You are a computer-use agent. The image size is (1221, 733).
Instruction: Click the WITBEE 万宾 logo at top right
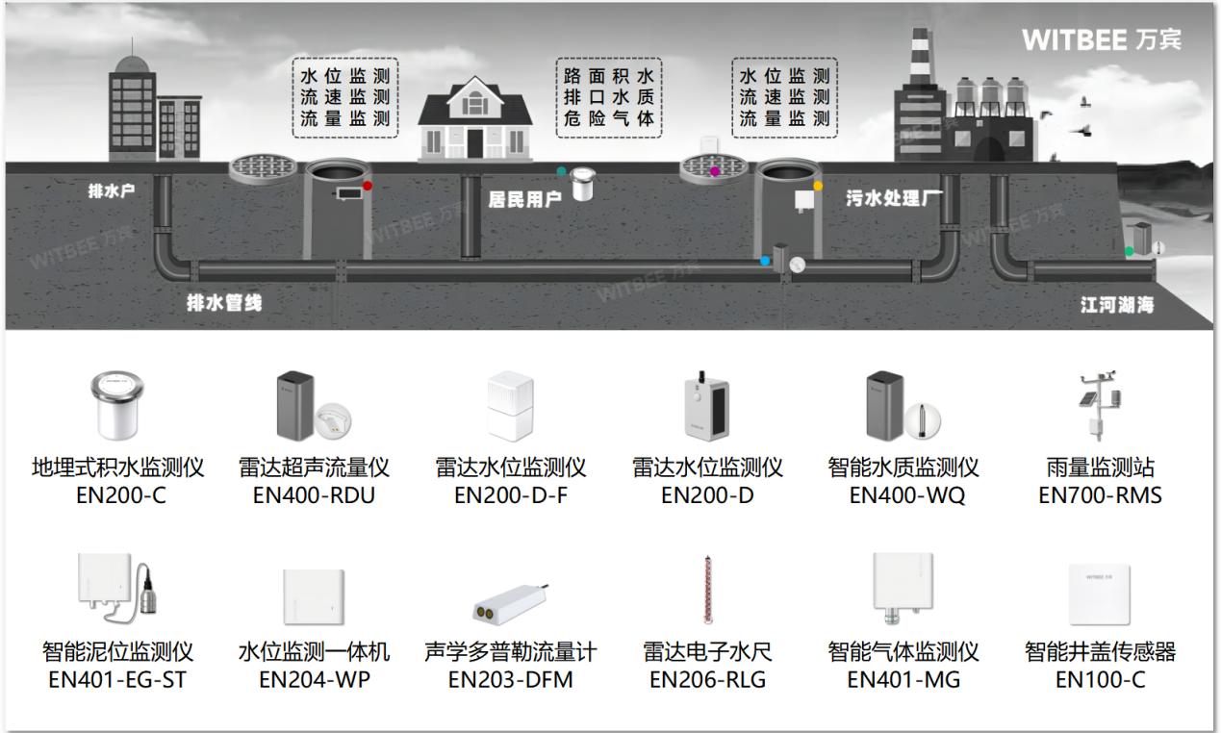(1101, 39)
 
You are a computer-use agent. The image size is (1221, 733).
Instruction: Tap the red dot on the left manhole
(368, 185)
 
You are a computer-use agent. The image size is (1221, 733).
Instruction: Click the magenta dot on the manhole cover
(714, 170)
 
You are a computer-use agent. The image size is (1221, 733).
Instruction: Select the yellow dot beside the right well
(818, 185)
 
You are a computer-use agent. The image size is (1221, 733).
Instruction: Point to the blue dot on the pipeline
(765, 261)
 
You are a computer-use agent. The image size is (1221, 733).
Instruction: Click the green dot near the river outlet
(1129, 251)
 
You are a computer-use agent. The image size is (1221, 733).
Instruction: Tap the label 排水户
(112, 190)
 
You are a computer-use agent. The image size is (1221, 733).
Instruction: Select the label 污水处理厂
(893, 199)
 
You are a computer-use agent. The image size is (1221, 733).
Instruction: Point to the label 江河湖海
(1116, 305)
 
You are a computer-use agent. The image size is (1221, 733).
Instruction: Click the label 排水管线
(223, 303)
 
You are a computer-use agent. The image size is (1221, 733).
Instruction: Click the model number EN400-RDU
(314, 496)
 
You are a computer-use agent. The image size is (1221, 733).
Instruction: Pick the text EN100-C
(1100, 681)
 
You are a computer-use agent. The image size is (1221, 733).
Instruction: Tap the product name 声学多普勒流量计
(510, 652)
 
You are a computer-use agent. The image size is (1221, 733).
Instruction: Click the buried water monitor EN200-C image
(117, 404)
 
